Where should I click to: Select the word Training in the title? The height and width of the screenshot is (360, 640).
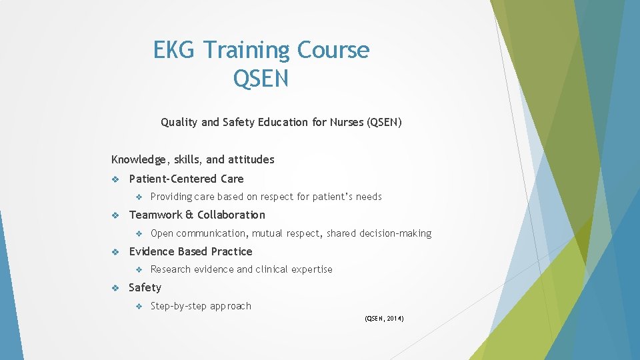click(246, 50)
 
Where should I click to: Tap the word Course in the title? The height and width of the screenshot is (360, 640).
click(333, 50)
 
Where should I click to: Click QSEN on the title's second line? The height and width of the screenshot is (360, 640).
click(261, 79)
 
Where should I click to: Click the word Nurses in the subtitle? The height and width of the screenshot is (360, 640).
click(347, 122)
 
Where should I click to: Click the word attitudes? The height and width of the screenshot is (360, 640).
click(251, 159)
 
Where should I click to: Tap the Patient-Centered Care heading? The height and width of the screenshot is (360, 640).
click(186, 179)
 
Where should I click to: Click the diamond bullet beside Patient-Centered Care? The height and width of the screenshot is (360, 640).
click(115, 179)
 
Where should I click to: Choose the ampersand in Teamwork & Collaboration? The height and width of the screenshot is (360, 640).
click(189, 215)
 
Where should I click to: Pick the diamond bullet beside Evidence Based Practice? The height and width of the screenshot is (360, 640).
click(115, 251)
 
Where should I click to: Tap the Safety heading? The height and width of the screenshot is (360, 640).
click(145, 287)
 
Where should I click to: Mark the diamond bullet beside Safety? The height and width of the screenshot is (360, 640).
click(115, 287)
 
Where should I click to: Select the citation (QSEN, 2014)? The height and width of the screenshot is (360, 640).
click(384, 319)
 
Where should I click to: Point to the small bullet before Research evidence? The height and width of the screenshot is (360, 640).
click(139, 269)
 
